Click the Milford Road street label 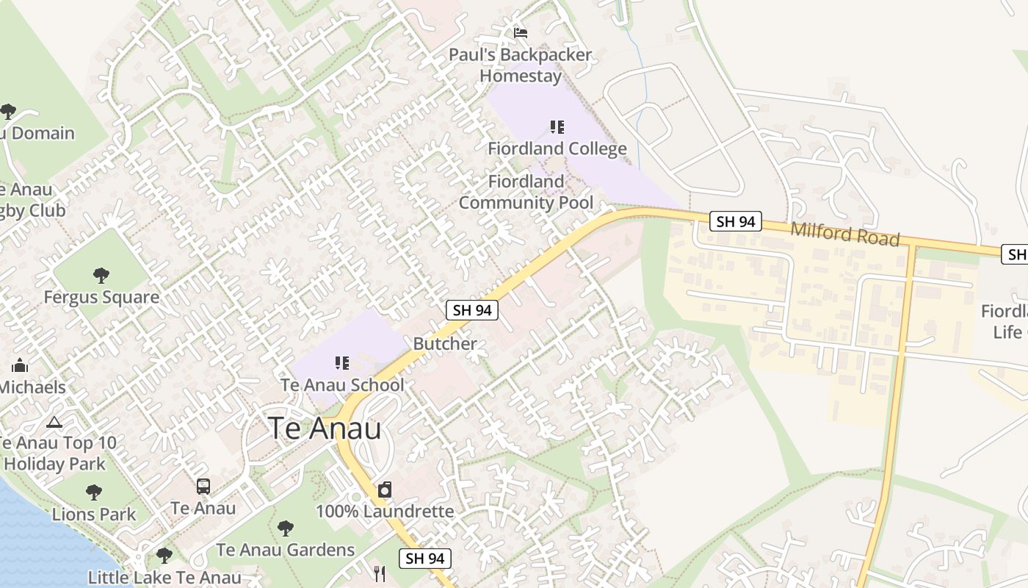pos(844,234)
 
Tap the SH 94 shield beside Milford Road pos(736,221)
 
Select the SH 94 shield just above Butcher pos(472,310)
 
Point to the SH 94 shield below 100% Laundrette pos(425,559)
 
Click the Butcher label pos(445,343)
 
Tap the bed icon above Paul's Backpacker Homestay pos(521,32)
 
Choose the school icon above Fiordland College pos(557,127)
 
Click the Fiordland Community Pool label pos(526,192)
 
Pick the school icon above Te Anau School pos(341,362)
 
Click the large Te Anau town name pos(325,429)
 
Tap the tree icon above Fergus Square pos(101,276)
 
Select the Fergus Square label pos(101,298)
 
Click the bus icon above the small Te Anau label pos(203,486)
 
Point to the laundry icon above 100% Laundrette pos(385,490)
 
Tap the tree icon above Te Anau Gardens pos(286,528)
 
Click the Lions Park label pos(94,514)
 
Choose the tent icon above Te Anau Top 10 pos(54,422)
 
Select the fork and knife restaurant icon pos(380,574)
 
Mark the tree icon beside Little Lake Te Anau pos(164,555)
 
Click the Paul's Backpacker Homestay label pos(521,65)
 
